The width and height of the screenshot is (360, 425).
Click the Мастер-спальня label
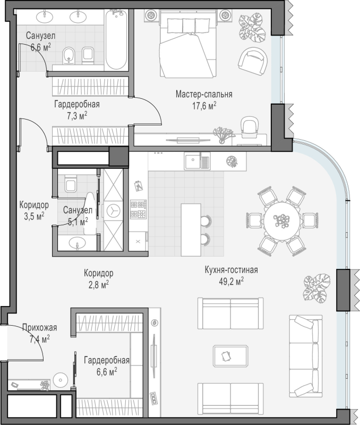coord(204,95)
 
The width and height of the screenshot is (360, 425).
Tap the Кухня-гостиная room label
coord(232,270)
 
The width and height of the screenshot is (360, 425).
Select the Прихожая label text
coord(39,327)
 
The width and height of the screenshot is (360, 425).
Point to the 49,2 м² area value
coord(232,282)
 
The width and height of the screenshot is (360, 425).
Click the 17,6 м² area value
coord(204,106)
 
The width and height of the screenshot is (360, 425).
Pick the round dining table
coord(282,221)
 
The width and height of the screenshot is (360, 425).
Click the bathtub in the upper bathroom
coord(116,40)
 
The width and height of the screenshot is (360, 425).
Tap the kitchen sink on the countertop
coord(197,161)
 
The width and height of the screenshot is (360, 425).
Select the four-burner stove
coord(139,209)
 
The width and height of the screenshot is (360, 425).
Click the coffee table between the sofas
coord(230,356)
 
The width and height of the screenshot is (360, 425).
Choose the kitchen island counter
coord(191,230)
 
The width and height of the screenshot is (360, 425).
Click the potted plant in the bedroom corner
coord(252,29)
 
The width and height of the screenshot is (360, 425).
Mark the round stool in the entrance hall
coord(60,380)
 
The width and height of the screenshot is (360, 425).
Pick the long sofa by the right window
coord(305,356)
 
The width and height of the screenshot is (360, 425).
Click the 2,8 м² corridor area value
coord(99,284)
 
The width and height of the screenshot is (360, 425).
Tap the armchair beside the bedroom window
coord(253,62)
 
